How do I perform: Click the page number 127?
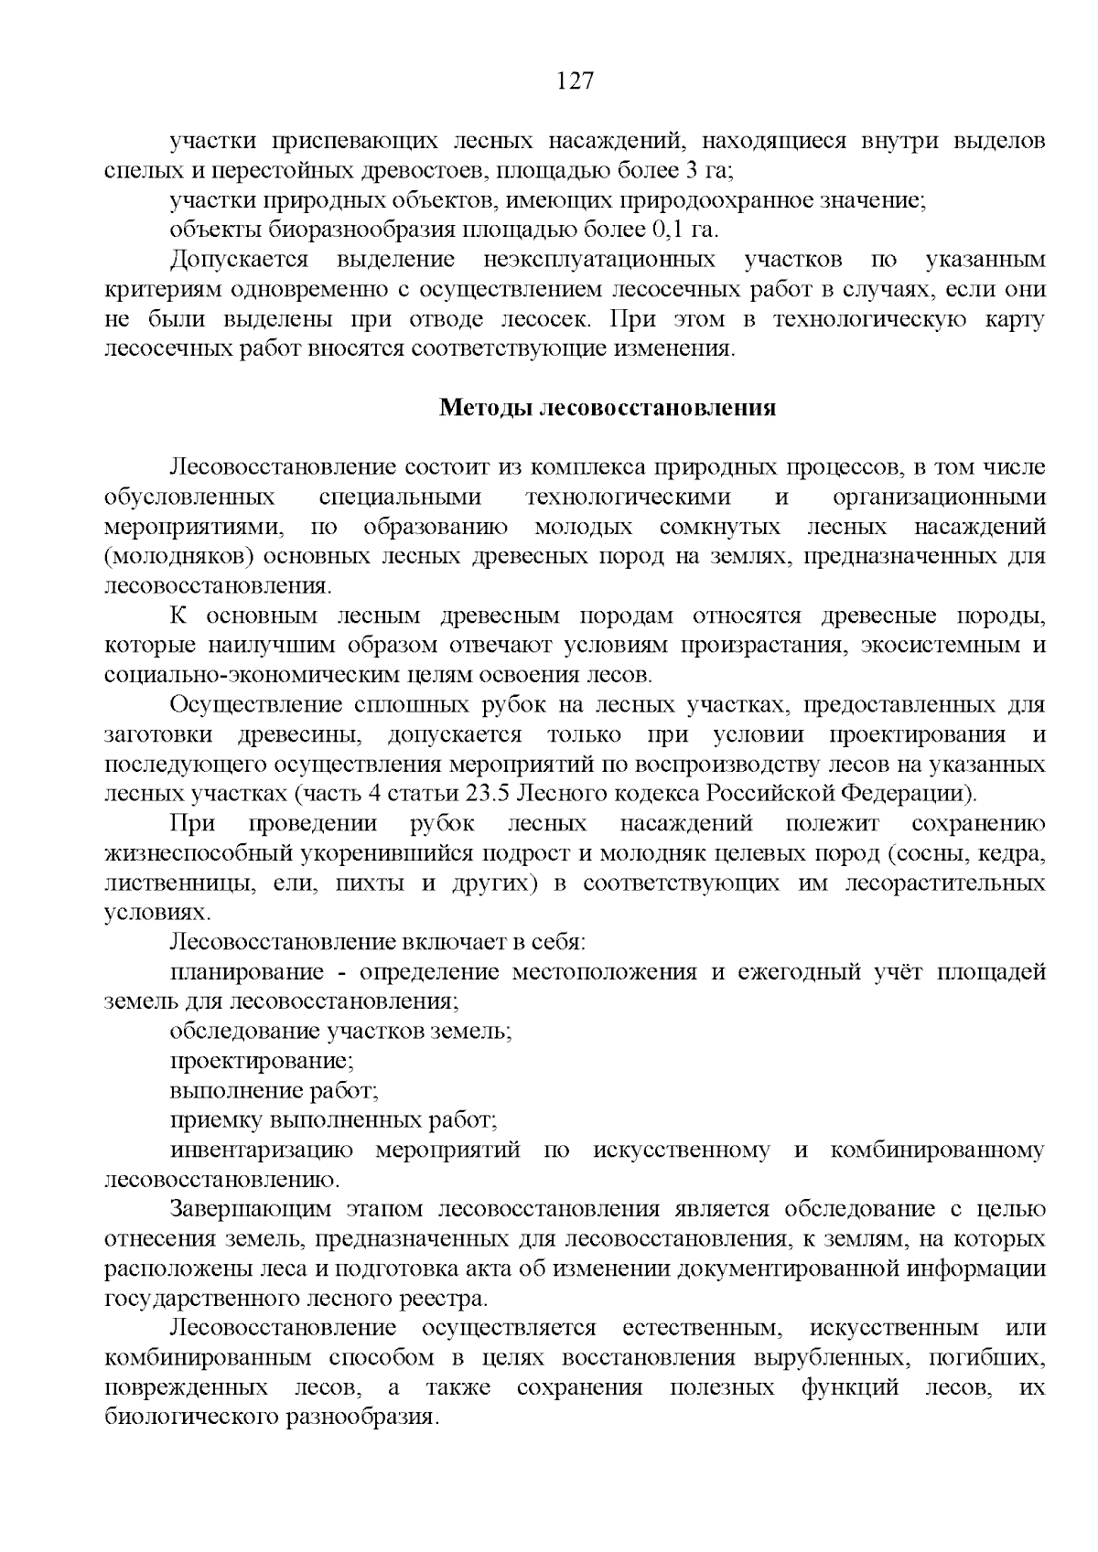point(576,81)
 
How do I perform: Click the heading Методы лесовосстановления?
point(608,408)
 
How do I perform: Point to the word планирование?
point(246,972)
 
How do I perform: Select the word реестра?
point(445,1298)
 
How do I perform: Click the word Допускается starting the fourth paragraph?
point(241,260)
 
